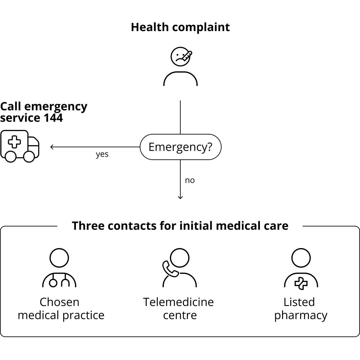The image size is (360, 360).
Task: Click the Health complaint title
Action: coord(180,27)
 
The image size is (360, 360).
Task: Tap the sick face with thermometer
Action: coord(181,57)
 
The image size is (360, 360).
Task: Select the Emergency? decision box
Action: coord(180,147)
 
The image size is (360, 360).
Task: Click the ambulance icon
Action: coord(20,146)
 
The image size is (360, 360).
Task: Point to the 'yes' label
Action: coord(102,154)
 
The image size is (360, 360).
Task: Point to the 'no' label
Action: coord(190,180)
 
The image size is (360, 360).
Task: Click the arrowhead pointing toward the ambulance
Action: coord(52,147)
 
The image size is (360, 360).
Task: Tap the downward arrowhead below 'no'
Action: coord(180,197)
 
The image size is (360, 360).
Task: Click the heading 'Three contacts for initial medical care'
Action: coord(180,226)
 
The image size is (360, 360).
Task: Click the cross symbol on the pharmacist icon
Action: coord(301,283)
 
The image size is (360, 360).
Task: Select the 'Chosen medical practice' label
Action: coord(61,309)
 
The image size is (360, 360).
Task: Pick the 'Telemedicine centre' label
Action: coord(178,309)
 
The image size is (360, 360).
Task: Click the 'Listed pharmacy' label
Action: coord(300,309)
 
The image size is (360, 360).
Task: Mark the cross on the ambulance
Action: coord(14,142)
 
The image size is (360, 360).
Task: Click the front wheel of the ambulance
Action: coord(29,157)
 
